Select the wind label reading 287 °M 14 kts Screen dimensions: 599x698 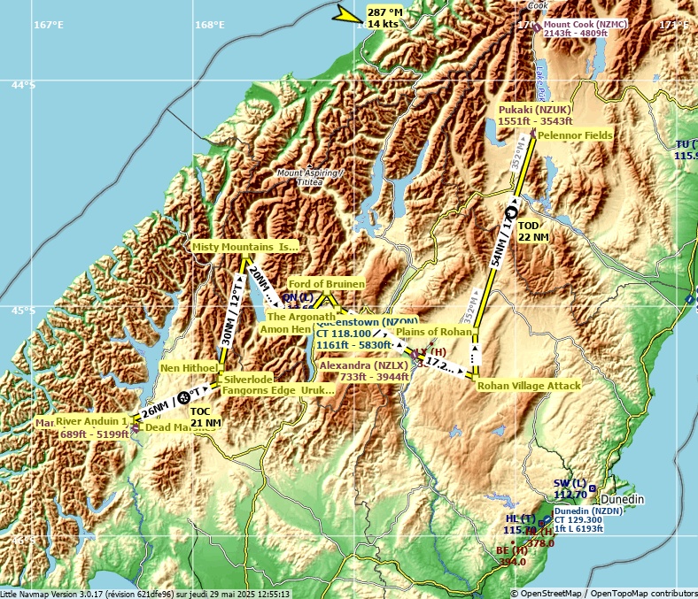coord(384,18)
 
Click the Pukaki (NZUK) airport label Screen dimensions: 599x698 coord(535,115)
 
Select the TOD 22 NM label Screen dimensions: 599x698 coord(532,232)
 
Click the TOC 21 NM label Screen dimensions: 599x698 coord(206,418)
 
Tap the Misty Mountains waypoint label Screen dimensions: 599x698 coord(245,247)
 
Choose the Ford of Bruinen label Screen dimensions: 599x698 coord(326,284)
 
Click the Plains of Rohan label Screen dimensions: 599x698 coord(434,332)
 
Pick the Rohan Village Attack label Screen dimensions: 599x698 coord(529,386)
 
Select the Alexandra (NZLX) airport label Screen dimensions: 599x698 coord(363,371)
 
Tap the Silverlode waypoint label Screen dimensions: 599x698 coord(248,379)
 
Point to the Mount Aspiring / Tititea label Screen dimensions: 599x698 coord(307,177)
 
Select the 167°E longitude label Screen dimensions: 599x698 coord(49,25)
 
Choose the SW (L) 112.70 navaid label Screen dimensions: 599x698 coord(570,488)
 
